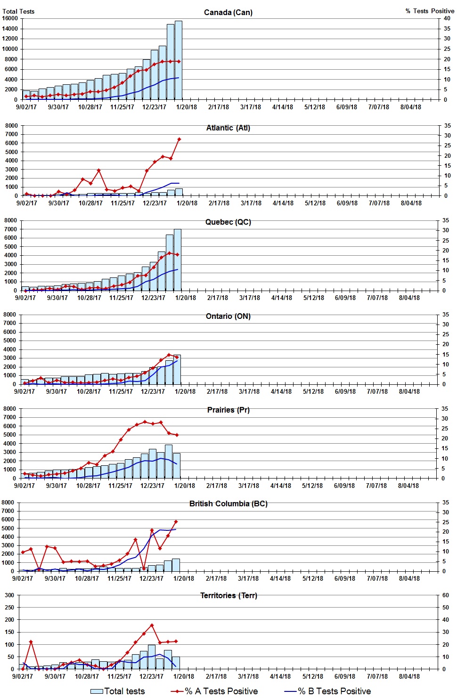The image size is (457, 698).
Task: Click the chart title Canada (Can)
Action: click(x=228, y=12)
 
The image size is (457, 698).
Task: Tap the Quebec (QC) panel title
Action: click(x=228, y=222)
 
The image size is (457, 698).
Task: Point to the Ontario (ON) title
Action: click(x=228, y=316)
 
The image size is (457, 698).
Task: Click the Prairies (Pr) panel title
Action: click(x=228, y=410)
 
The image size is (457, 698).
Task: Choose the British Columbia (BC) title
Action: click(x=228, y=503)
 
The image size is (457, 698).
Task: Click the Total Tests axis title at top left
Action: click(x=18, y=11)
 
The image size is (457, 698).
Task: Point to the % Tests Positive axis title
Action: click(x=430, y=11)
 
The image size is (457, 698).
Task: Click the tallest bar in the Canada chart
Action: click(x=178, y=60)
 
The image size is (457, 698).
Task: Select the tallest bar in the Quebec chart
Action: click(x=177, y=259)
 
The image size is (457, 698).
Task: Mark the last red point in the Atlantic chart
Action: click(x=179, y=139)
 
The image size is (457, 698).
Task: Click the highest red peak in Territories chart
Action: click(x=152, y=625)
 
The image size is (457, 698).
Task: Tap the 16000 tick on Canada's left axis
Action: click(x=10, y=18)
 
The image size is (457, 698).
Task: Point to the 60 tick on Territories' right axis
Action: click(x=446, y=595)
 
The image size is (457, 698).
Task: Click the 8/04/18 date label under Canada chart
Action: click(x=410, y=107)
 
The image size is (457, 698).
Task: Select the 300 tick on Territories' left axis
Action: click(x=9, y=595)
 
